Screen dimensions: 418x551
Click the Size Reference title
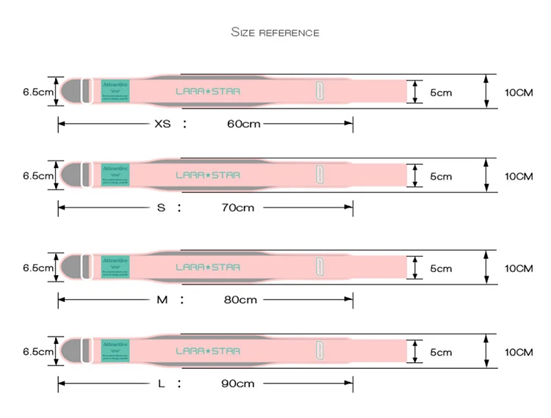pyautogui.click(x=275, y=32)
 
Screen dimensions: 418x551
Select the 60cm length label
pyautogui.click(x=243, y=124)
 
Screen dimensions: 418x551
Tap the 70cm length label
pyautogui.click(x=237, y=208)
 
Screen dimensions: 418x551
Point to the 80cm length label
pyautogui.click(x=240, y=299)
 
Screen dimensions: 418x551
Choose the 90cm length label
pyautogui.click(x=238, y=384)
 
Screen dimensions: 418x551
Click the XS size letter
pyautogui.click(x=162, y=124)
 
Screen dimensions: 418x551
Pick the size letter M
pyautogui.click(x=162, y=299)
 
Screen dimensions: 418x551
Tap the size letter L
pyautogui.click(x=162, y=384)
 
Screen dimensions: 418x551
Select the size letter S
pyautogui.click(x=161, y=208)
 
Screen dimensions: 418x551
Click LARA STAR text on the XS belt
pyautogui.click(x=208, y=92)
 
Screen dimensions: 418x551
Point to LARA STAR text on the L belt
pyautogui.click(x=208, y=351)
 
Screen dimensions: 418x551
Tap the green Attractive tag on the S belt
pyautogui.click(x=115, y=175)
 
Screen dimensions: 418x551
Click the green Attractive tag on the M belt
pyautogui.click(x=115, y=266)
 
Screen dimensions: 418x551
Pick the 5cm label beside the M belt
pyautogui.click(x=441, y=268)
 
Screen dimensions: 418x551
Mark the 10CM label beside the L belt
pyautogui.click(x=518, y=352)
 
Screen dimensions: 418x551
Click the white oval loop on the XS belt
pyautogui.click(x=321, y=92)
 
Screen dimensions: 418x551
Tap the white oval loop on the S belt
pyautogui.click(x=321, y=175)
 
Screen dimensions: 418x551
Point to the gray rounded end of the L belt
pyautogui.click(x=71, y=351)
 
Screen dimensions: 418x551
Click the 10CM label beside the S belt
pyautogui.click(x=518, y=176)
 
